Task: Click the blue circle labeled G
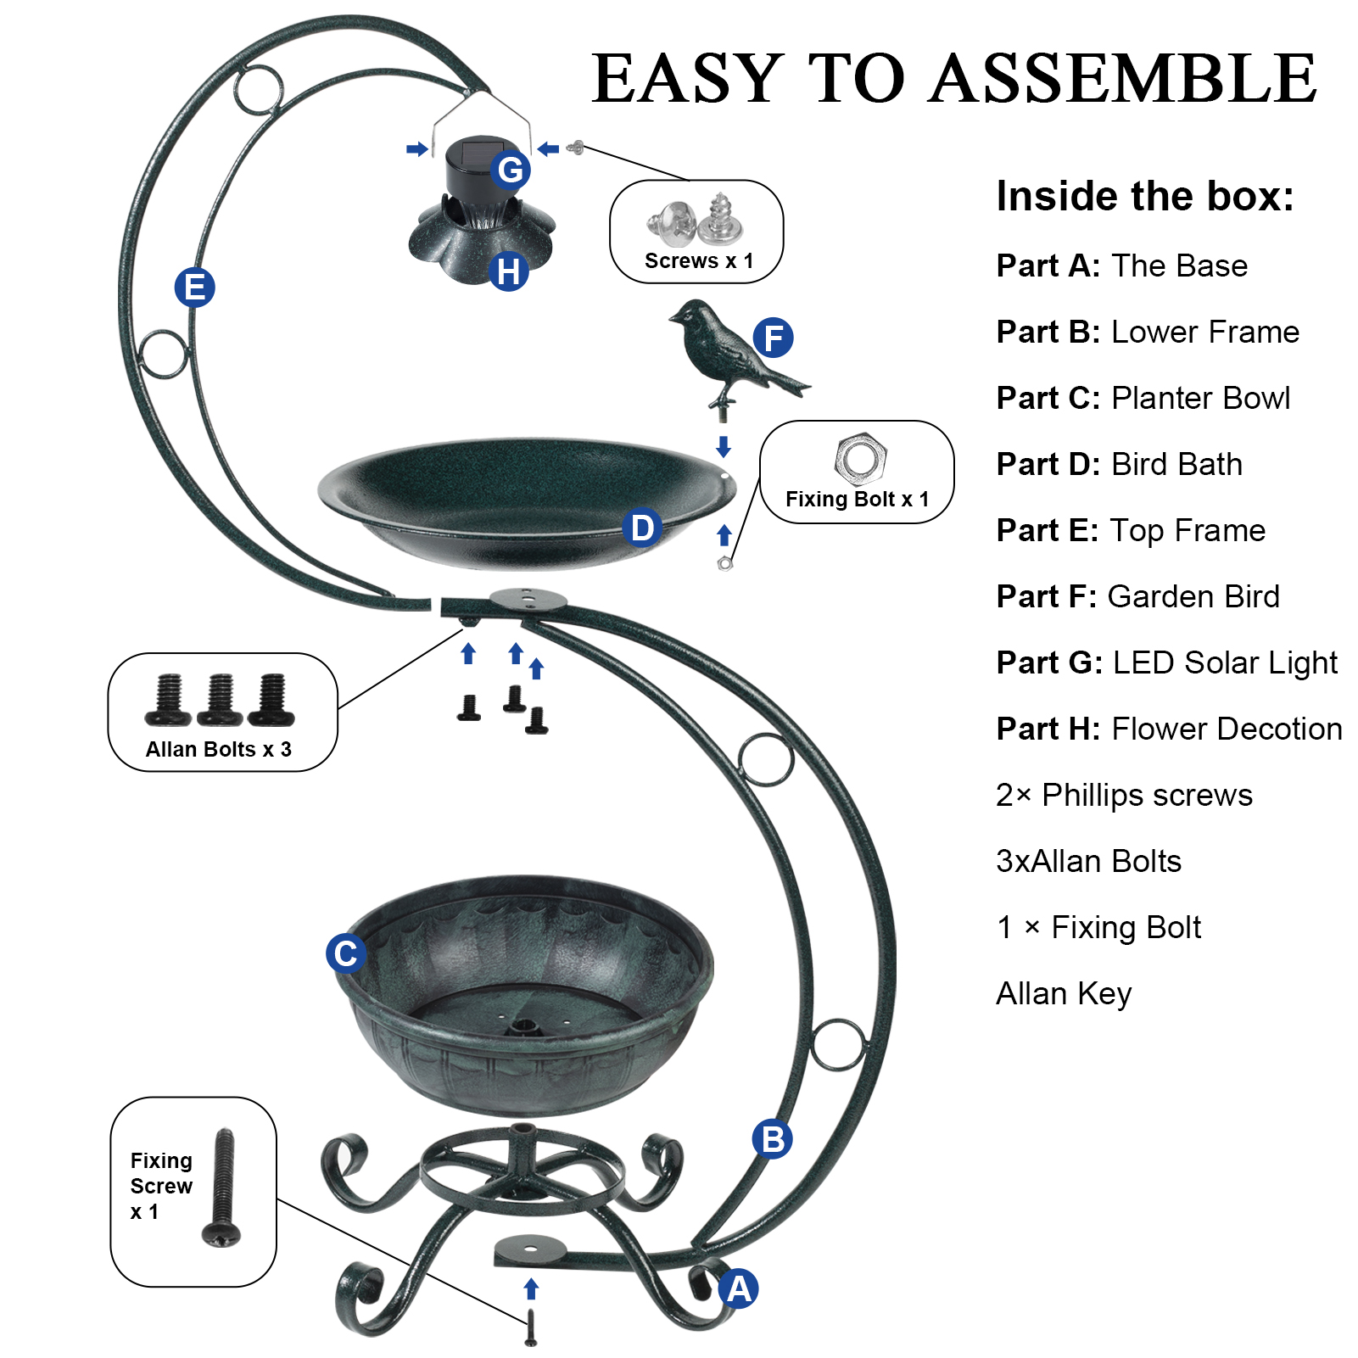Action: [x=511, y=170]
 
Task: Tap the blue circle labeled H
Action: [x=509, y=272]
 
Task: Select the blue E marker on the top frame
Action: [x=194, y=288]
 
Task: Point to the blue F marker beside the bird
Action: [x=773, y=338]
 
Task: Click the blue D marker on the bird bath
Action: [x=642, y=528]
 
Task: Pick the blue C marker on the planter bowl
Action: [x=345, y=953]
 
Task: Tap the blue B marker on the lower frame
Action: [x=772, y=1139]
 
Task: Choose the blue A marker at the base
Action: [x=739, y=1288]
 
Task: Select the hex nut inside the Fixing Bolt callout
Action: [x=860, y=458]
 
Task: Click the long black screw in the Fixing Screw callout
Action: [x=222, y=1187]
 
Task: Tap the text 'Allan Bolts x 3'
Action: [x=218, y=749]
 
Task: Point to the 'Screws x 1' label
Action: [x=698, y=260]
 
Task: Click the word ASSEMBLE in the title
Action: [x=1124, y=78]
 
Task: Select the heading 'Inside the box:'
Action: [x=1145, y=196]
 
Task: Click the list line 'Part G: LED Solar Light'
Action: [x=1166, y=662]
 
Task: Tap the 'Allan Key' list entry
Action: [x=1064, y=993]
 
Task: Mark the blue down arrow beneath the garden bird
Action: [x=724, y=446]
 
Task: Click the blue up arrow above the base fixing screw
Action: [x=531, y=1288]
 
